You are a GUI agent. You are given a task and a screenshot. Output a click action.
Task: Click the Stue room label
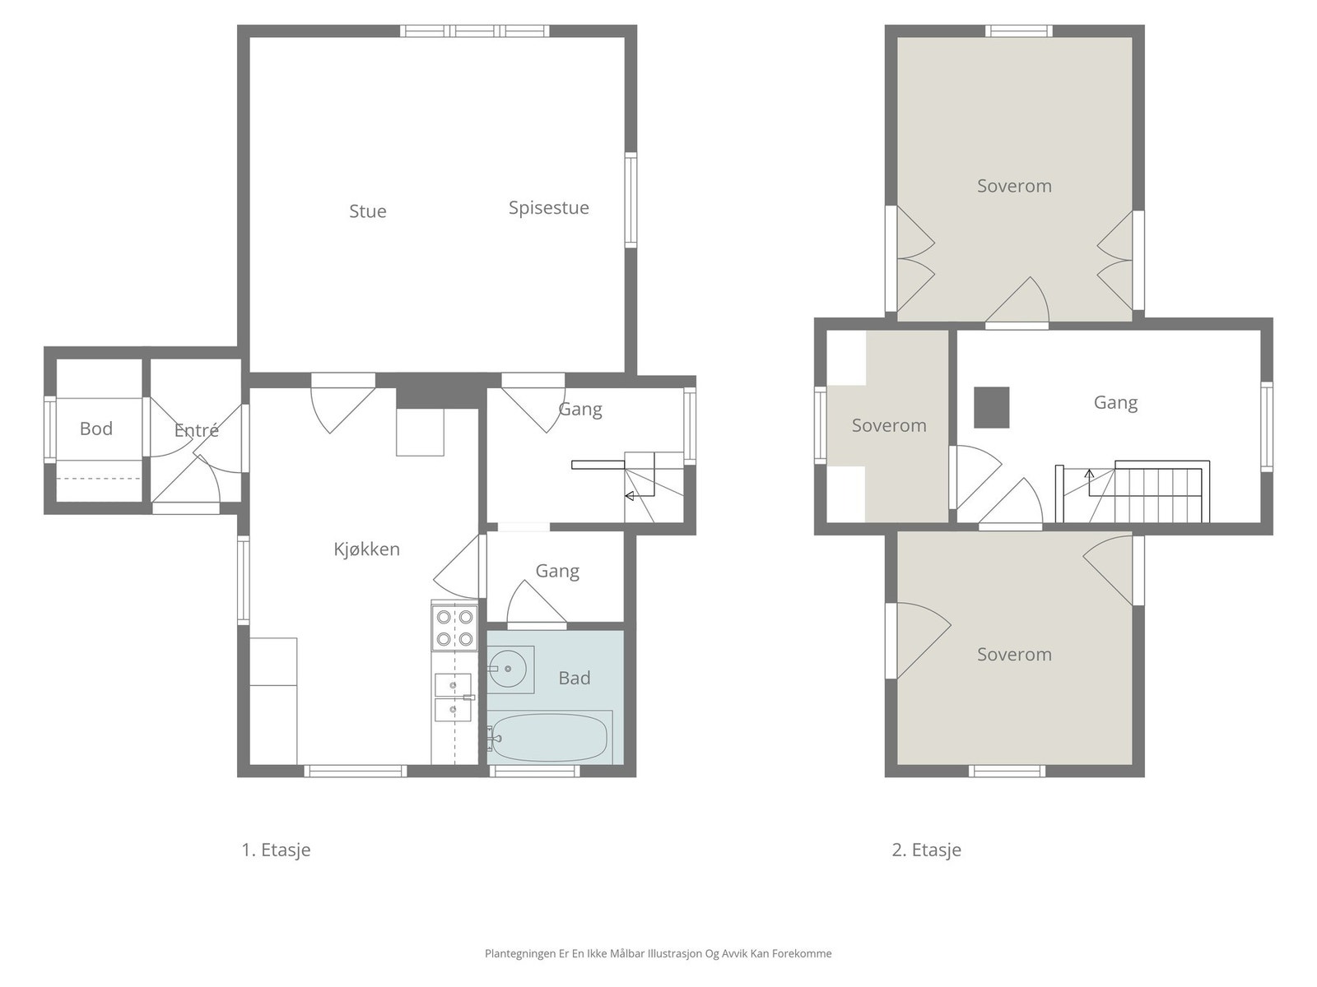pos(367,211)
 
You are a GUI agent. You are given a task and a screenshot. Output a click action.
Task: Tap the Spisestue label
pos(548,208)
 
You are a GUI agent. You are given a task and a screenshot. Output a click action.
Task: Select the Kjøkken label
pos(366,549)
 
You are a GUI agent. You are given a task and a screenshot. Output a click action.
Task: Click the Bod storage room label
pos(96,429)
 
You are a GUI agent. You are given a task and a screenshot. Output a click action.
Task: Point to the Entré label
pos(196,429)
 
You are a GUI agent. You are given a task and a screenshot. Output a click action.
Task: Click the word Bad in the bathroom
pos(575,678)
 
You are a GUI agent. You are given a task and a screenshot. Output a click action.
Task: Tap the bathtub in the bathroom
pos(549,737)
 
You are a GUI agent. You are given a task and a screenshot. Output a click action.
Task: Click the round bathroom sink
pos(508,669)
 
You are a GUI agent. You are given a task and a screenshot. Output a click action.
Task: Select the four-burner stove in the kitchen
pos(455,628)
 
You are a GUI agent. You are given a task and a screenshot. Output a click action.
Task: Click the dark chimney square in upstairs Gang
pos(991,407)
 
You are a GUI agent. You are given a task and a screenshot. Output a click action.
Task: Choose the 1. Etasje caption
pos(276,850)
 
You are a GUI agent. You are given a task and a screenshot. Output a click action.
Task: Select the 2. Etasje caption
pos(926,850)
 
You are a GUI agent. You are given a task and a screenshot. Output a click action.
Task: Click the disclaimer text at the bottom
pos(658,952)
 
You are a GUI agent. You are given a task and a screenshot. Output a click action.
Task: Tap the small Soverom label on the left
pos(889,425)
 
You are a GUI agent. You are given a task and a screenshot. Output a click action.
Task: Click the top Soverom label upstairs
pos(1014,186)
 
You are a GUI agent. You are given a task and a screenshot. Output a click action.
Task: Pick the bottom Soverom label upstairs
pos(1014,654)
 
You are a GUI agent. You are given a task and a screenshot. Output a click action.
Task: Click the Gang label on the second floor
pos(1115,403)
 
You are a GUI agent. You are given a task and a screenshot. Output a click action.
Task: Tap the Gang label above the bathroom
pos(557,571)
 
